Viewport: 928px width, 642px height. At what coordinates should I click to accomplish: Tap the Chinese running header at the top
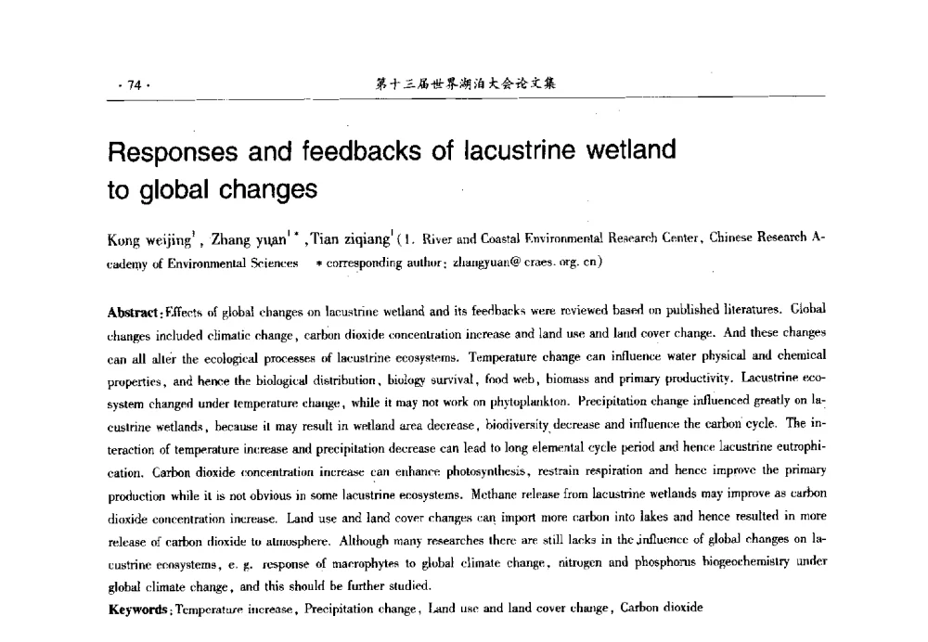(465, 84)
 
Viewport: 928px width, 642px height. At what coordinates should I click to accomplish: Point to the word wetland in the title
(625, 153)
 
